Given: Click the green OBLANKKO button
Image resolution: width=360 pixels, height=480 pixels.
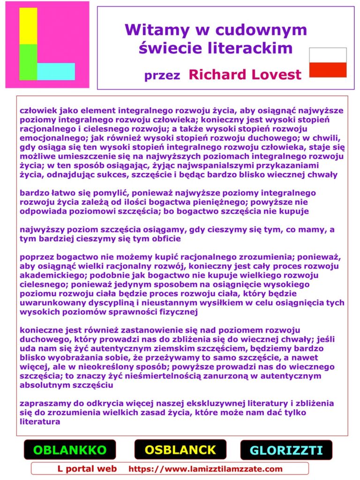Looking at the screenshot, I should click(x=70, y=450).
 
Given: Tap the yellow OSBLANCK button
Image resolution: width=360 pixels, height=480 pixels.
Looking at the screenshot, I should click(x=180, y=450).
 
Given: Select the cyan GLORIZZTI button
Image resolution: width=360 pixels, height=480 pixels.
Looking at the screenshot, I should click(x=286, y=450).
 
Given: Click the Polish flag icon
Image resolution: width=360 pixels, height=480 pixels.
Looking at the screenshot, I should click(x=328, y=62).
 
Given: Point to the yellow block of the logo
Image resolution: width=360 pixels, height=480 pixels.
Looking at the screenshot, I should click(x=28, y=26).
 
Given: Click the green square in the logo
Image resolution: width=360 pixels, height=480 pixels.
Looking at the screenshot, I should click(x=28, y=62).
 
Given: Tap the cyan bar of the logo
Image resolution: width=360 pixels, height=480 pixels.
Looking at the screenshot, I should click(x=56, y=71).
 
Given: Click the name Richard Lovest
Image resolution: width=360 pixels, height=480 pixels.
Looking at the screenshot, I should click(x=245, y=75).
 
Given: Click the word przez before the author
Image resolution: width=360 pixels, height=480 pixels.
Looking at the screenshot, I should click(x=162, y=75).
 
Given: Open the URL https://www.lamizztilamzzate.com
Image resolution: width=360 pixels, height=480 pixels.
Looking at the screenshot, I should click(x=205, y=469).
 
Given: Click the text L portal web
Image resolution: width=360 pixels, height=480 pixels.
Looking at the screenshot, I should click(x=87, y=469).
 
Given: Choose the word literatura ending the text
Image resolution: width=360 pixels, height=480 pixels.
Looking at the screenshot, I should click(x=40, y=421).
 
